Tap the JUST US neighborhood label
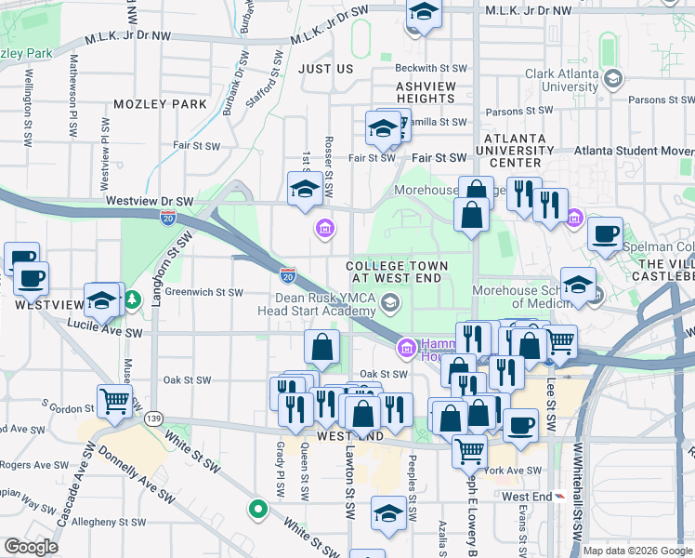325,69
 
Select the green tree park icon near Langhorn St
133,299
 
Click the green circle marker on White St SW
257,509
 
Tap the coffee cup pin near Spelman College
606,234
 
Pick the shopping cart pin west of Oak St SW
114,401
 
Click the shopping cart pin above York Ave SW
470,451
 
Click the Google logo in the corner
31,547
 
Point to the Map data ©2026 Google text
637,551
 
